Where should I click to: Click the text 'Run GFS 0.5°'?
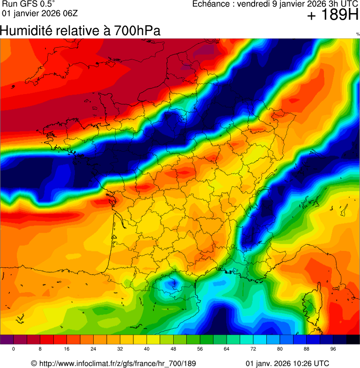click(x=28, y=4)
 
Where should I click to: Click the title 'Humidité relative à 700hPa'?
click(x=80, y=31)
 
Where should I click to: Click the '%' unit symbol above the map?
click(x=358, y=34)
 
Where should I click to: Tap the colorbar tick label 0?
click(x=14, y=349)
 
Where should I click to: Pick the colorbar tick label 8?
click(x=40, y=349)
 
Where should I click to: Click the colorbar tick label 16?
click(x=67, y=349)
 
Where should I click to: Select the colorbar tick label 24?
click(x=94, y=349)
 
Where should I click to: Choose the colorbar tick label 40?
click(x=147, y=349)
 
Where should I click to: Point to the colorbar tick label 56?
click(x=200, y=349)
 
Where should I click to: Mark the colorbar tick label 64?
click(x=227, y=349)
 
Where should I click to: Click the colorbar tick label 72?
click(x=253, y=349)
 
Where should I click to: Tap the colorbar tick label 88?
click(x=306, y=349)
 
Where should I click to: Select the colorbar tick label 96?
click(x=333, y=349)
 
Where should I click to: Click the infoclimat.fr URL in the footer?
click(x=117, y=363)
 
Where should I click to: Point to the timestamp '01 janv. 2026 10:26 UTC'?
click(x=287, y=363)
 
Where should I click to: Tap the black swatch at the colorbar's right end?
click(x=353, y=340)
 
